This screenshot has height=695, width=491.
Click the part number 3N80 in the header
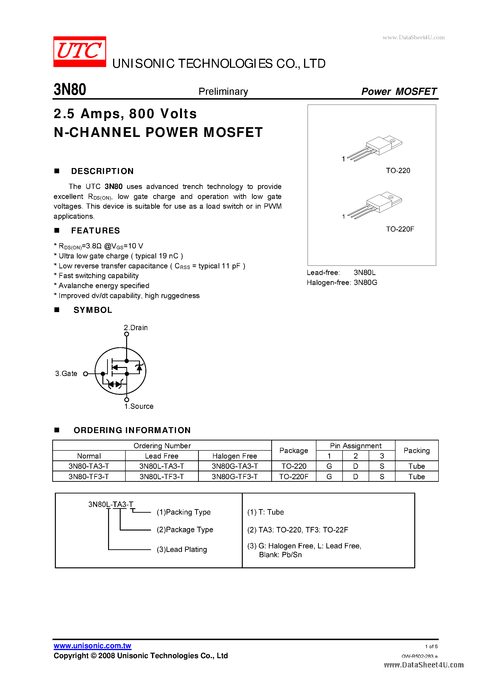click(x=70, y=90)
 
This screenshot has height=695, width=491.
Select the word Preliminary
click(x=223, y=92)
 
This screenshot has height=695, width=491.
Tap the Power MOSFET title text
click(x=399, y=92)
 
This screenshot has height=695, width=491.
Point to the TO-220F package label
click(x=400, y=229)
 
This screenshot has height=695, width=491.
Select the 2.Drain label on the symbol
click(x=136, y=328)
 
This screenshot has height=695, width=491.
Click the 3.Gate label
click(x=66, y=374)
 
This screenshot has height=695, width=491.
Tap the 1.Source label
click(x=139, y=406)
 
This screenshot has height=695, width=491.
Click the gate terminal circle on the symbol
click(x=86, y=374)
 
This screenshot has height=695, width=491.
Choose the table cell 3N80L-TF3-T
click(x=162, y=477)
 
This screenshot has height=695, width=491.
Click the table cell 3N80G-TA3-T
click(x=234, y=466)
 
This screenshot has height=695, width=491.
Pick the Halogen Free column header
click(x=234, y=456)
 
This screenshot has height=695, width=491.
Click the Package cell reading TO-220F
click(x=293, y=477)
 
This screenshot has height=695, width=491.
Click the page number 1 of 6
click(x=431, y=646)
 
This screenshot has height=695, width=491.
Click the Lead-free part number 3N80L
click(x=365, y=272)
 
